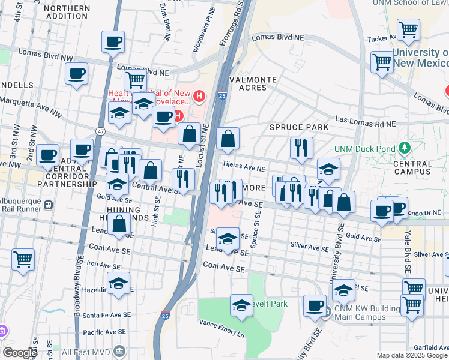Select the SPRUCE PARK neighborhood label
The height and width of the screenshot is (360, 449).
point(298,127)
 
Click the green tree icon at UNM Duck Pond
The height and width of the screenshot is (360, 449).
point(405,148)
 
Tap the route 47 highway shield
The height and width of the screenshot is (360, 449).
point(100,130)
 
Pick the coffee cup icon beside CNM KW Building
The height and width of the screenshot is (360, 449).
point(315,305)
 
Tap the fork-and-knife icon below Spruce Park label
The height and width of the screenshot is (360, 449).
point(301,147)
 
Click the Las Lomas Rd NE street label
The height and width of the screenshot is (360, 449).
point(366,122)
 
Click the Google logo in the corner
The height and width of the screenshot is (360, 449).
point(20,353)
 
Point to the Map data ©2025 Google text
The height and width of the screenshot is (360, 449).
point(411,355)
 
